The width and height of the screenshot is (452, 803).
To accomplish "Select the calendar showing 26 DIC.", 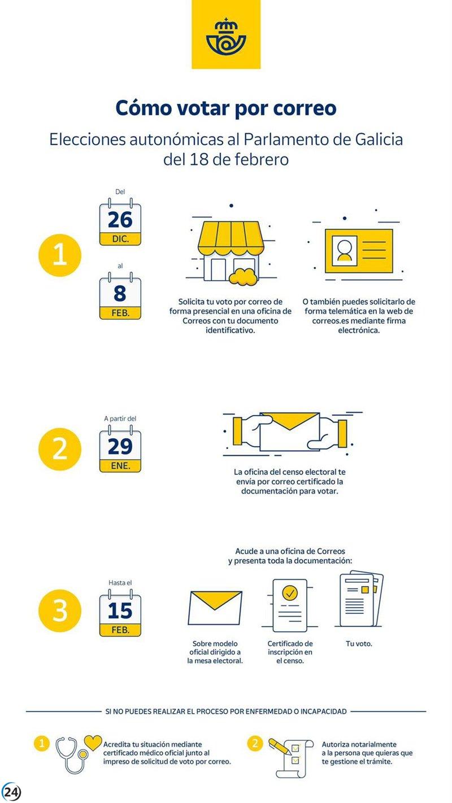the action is pos(120,222).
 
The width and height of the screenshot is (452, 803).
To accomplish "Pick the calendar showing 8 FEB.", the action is pos(120,296).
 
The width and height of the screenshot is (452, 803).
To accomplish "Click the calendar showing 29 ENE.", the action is pos(120,448).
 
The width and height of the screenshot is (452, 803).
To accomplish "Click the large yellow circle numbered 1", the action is pos(60,255).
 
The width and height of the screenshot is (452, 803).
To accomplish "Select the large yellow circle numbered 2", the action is pos(60,449).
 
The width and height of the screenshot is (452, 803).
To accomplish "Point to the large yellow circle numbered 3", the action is pos(60,610).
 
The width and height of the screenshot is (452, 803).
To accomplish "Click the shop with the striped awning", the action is pos(231,251).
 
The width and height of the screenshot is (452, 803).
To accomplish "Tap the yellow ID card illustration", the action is pos(359,251).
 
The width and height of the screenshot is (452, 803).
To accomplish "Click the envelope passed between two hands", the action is pos(289,431).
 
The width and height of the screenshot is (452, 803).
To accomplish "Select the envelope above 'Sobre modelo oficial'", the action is pos(215,608).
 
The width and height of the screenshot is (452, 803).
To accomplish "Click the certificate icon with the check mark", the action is pos(290,605).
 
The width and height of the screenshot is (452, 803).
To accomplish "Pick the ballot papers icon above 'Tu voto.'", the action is pos(361,600).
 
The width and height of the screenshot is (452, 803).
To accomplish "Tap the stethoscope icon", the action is pos(72,756).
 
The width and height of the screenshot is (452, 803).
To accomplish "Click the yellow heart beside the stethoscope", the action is pos(93,743).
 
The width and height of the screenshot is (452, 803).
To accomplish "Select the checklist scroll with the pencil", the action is pos(292,757).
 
